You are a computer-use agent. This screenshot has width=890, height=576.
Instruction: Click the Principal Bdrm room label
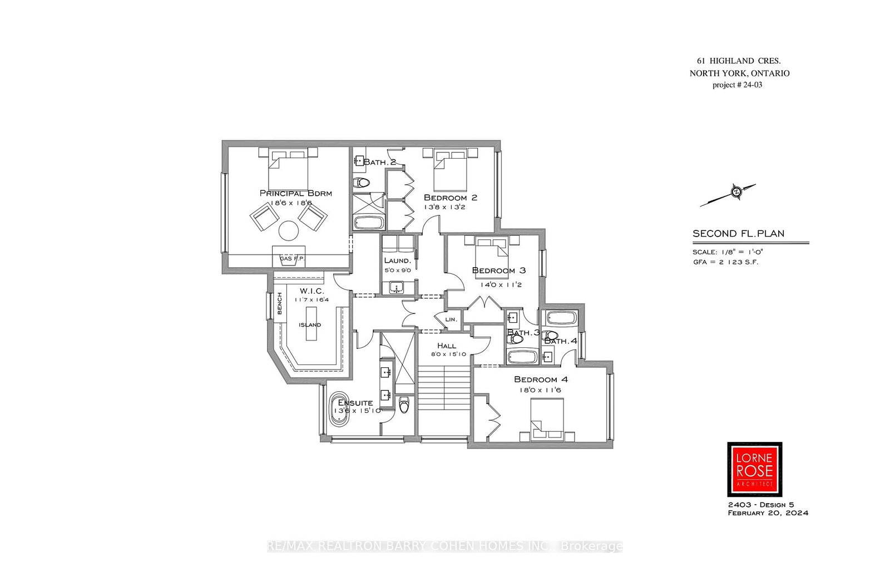295,193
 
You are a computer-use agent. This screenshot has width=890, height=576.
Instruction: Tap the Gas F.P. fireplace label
291,259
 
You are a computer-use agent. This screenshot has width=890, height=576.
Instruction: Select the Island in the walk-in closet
310,324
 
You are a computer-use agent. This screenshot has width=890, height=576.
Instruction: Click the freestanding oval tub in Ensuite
340,410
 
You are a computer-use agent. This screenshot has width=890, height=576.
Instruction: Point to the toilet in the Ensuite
404,405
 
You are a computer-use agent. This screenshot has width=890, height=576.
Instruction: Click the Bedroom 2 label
450,198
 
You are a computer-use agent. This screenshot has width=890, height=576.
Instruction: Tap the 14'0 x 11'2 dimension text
501,284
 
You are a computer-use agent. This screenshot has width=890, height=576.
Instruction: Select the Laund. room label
397,260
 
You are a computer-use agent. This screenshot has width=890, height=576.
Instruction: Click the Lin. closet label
451,319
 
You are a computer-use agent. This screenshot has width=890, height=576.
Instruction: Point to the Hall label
446,346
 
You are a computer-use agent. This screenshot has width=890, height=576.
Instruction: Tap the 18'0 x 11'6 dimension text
540,390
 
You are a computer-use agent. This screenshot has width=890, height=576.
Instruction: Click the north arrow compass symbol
735,193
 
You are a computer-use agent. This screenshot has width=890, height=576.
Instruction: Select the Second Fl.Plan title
738,234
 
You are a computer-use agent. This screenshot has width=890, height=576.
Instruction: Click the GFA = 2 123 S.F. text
725,262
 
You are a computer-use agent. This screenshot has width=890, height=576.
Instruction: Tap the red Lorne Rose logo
754,469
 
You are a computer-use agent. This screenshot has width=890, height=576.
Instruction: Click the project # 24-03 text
737,85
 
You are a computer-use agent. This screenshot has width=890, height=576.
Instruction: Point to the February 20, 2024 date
768,513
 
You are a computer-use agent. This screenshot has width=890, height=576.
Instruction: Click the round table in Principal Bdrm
289,230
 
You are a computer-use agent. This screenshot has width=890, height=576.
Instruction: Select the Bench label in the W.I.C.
280,303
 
